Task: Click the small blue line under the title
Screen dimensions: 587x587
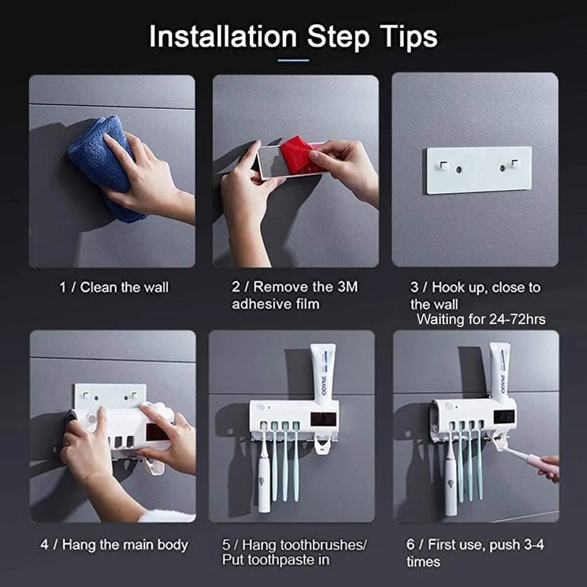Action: (293, 60)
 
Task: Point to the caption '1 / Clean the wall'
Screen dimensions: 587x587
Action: (114, 288)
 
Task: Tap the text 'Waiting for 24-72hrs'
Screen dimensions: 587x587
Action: (481, 319)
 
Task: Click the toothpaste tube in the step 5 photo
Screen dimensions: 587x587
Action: (322, 372)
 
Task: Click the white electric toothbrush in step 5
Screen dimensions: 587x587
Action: (264, 475)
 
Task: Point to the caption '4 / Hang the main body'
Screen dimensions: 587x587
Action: (114, 545)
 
